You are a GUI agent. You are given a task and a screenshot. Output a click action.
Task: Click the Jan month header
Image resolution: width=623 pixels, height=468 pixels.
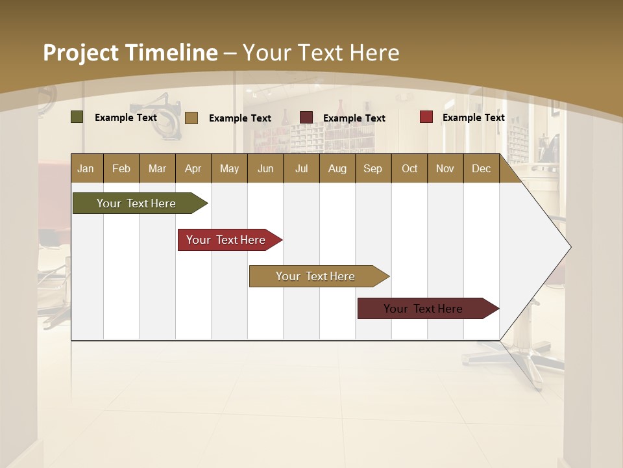(86, 168)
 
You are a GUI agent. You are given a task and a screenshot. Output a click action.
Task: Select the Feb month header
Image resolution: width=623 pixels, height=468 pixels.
(121, 168)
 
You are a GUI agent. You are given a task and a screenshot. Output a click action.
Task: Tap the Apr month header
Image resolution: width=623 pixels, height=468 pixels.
(193, 168)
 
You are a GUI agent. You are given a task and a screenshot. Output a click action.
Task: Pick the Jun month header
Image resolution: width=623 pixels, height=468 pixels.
(265, 168)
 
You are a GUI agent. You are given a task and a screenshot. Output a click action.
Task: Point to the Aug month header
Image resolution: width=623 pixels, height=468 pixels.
(337, 168)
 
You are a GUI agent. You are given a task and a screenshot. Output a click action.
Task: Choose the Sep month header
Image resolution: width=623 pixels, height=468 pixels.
(373, 168)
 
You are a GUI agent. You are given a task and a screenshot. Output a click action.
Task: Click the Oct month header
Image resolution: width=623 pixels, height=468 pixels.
(409, 168)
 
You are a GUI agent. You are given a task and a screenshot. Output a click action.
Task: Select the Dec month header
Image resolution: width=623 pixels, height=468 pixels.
(481, 168)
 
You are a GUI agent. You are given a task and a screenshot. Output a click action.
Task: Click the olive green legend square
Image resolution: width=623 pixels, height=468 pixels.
(77, 117)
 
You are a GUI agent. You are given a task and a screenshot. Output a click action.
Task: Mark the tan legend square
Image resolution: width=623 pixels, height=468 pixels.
(191, 118)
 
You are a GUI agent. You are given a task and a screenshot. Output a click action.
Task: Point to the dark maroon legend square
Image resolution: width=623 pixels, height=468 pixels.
(306, 117)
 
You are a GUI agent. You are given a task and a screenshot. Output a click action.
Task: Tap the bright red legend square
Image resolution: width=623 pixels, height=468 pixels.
(426, 117)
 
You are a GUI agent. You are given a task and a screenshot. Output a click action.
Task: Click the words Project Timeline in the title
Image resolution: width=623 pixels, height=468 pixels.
(130, 53)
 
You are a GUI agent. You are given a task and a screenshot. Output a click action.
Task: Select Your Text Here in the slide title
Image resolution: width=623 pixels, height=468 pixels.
(321, 53)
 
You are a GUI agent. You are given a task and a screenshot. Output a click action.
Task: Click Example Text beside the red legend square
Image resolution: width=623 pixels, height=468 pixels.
(473, 118)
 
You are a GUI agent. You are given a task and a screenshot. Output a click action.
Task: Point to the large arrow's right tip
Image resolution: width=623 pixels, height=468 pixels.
(569, 247)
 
